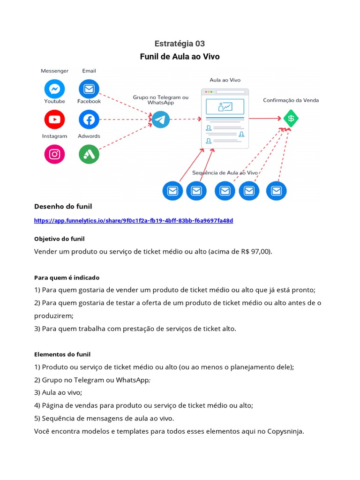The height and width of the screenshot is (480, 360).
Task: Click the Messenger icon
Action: [x=54, y=89]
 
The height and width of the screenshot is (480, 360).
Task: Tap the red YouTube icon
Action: [x=54, y=120]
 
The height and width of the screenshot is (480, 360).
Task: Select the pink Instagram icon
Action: [x=54, y=154]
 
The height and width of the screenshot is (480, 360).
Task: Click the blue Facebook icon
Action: [x=89, y=120]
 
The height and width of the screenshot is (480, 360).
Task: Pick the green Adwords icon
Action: [x=89, y=154]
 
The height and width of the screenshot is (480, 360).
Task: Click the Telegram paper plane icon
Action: [x=160, y=120]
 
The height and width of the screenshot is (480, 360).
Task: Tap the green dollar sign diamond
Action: [x=291, y=119]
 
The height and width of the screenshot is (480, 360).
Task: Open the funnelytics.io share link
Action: [x=134, y=220]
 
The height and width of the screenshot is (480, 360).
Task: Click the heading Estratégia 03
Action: [x=180, y=44]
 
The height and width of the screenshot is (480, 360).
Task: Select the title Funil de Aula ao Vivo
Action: [x=180, y=57]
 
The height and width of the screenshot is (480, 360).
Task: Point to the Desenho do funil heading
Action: [x=63, y=207]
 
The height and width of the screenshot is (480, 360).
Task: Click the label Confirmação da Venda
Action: [x=291, y=100]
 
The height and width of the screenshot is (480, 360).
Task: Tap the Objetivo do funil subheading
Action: [x=59, y=239]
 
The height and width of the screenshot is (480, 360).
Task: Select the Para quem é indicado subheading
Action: [x=67, y=277]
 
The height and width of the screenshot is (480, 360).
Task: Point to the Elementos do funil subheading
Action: [x=62, y=354]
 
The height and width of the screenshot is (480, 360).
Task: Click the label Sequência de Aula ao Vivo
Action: [x=225, y=172]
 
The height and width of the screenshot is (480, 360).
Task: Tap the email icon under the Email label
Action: [x=89, y=89]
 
